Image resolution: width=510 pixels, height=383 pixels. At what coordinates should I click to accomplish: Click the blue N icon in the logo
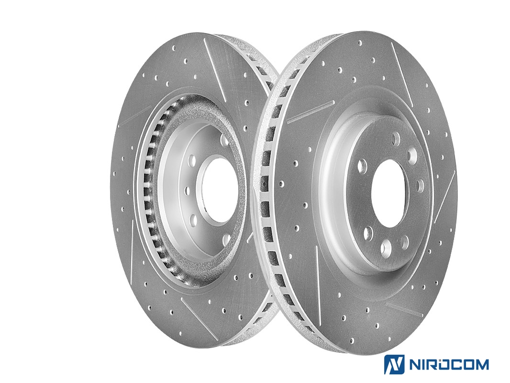coord(394,364)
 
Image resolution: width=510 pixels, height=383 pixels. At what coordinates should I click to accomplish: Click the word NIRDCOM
coord(448,364)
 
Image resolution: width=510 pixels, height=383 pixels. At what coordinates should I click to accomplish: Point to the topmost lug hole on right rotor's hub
coord(396,139)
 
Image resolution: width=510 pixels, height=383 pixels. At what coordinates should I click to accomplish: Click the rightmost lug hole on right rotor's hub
coord(420,185)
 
